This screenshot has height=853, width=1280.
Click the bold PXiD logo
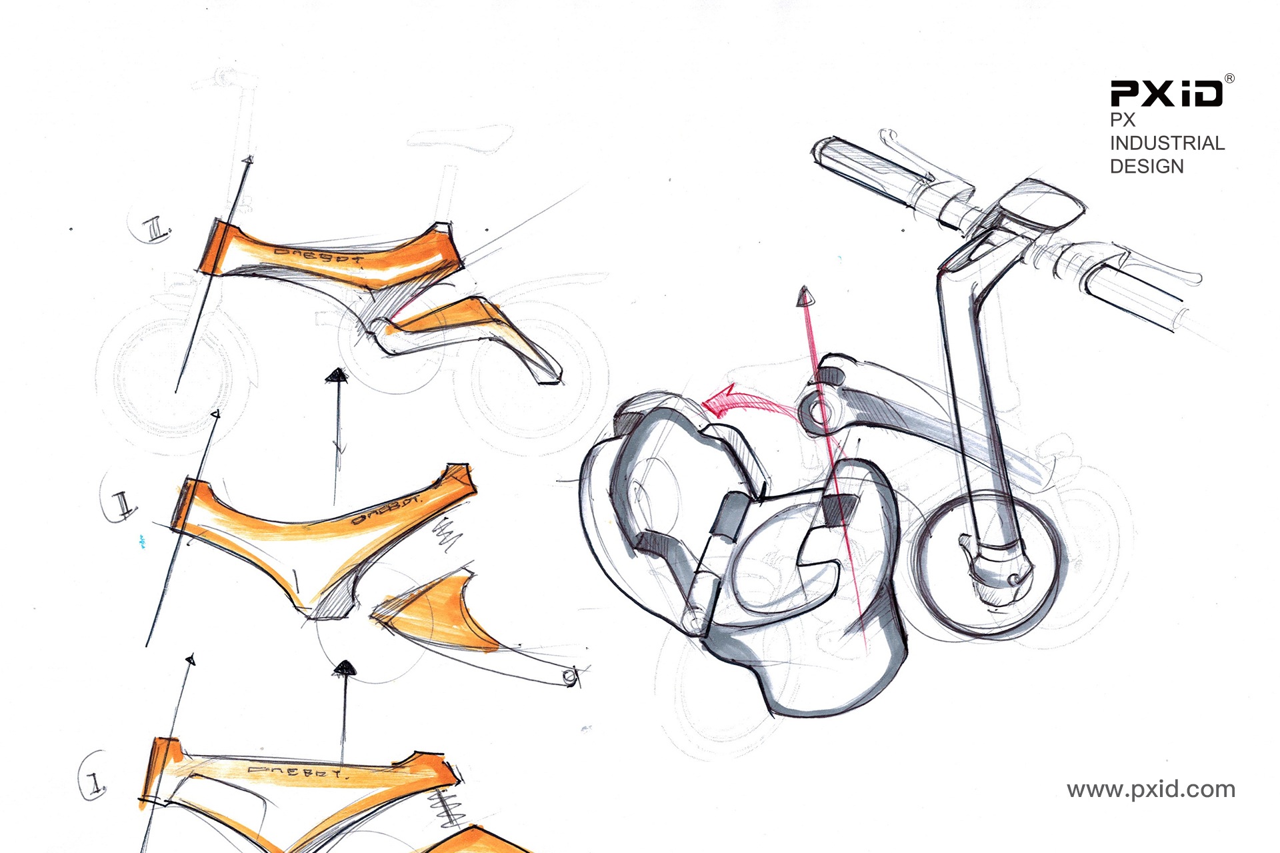(x=1166, y=94)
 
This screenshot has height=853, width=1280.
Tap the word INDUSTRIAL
(x=1167, y=143)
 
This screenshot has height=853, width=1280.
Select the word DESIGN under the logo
(x=1147, y=167)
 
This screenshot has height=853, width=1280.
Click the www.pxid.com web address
(x=1151, y=790)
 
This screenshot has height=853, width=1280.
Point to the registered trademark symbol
(x=1229, y=79)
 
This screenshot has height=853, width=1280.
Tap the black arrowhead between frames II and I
(x=344, y=668)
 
